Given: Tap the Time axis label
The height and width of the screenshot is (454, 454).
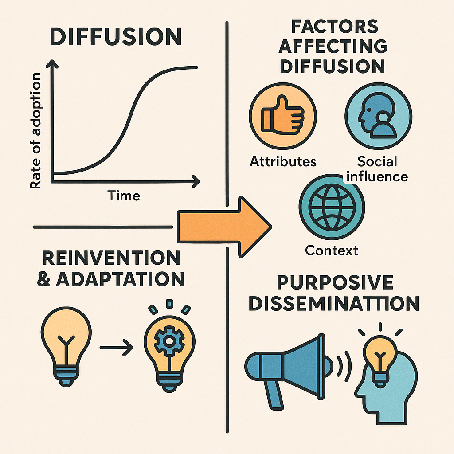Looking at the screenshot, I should [x=124, y=195].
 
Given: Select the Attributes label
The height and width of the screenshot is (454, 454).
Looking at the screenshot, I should [x=283, y=161].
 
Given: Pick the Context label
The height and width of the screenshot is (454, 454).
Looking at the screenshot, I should [x=332, y=250].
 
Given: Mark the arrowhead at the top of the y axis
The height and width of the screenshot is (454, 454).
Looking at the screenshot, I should [x=52, y=66].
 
